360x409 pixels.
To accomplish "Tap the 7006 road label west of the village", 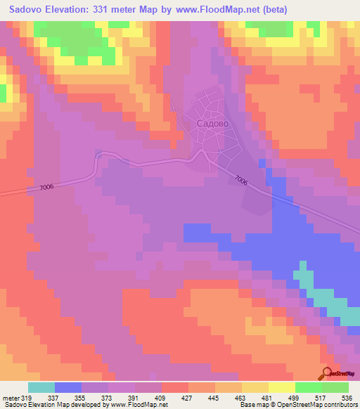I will tap(47, 187).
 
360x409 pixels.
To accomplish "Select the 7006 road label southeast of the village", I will tap(241, 181).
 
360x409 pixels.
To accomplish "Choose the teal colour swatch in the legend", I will tap(41, 387).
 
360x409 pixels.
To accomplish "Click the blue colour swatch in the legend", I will tap(68, 387).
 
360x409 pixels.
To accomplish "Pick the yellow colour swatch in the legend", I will tap(281, 387).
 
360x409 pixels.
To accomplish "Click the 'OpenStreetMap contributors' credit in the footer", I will tap(319, 405).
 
